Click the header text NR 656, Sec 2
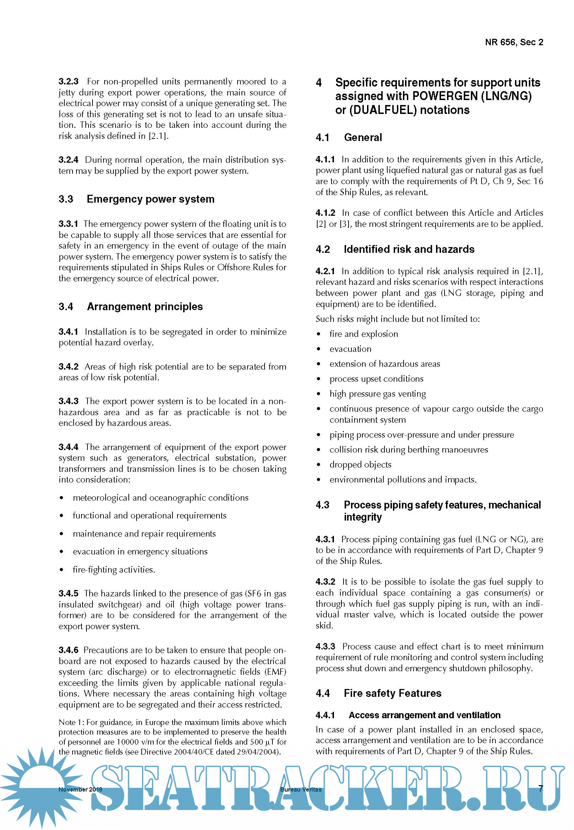click(514, 42)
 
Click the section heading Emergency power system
click(150, 199)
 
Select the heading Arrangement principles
click(145, 307)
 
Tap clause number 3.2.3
click(68, 82)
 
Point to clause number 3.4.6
click(68, 650)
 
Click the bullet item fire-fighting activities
click(114, 569)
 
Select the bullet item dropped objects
click(360, 465)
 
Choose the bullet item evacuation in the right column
click(350, 349)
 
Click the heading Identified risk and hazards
click(409, 249)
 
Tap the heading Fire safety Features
click(392, 693)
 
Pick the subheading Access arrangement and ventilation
click(424, 715)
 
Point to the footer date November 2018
click(80, 790)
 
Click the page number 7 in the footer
click(541, 789)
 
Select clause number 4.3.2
click(325, 581)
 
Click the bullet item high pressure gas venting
click(377, 393)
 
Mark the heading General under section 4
click(363, 137)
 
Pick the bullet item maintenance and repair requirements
click(144, 533)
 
